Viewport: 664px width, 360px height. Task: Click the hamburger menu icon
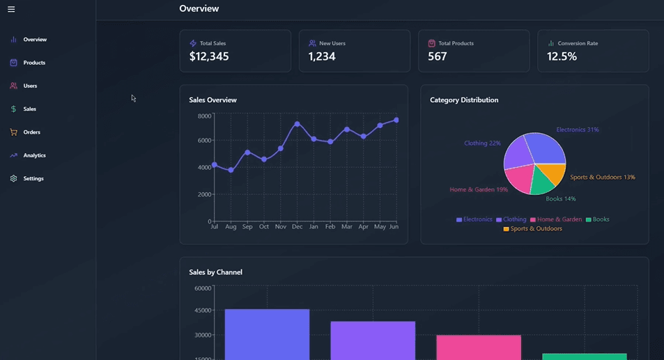(11, 9)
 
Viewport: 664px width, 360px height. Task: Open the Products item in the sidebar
(33, 63)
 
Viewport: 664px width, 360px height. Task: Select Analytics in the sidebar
(34, 155)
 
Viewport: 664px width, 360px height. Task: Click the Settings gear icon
(13, 179)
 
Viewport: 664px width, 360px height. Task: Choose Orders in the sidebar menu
(31, 132)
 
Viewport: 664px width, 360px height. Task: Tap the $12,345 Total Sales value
(209, 57)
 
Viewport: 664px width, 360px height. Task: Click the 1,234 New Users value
(322, 57)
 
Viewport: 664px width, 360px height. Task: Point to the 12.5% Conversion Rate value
(562, 57)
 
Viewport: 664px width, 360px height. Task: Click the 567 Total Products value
(437, 57)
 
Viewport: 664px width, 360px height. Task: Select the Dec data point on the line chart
(298, 124)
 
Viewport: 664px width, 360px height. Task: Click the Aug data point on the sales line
(231, 170)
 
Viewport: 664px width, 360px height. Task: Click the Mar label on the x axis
(347, 227)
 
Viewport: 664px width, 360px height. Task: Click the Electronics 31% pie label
(577, 130)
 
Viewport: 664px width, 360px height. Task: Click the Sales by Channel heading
(215, 272)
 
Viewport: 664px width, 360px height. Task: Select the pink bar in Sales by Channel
(479, 347)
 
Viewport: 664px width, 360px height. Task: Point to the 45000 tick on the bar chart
(203, 311)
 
